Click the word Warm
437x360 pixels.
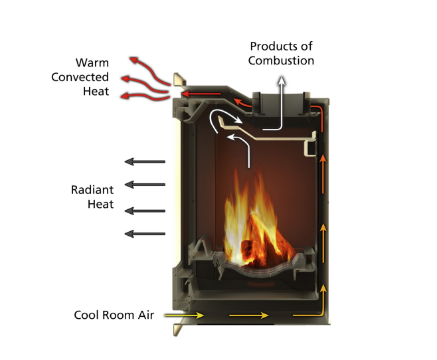(92, 64)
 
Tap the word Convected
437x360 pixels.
(80, 78)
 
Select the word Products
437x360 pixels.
(282, 46)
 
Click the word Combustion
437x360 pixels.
(282, 60)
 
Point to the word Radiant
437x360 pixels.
(92, 190)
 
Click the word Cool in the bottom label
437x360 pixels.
(87, 315)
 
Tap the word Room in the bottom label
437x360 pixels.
(118, 315)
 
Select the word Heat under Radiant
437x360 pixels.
(100, 205)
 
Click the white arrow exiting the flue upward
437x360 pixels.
(282, 100)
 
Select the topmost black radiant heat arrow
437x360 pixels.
(145, 161)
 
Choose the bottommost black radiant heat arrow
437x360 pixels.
(145, 233)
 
